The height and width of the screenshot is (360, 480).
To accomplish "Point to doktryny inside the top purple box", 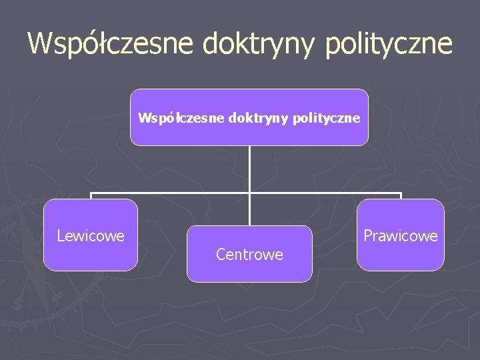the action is [x=256, y=118].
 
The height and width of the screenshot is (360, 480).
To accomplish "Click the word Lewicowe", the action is [x=91, y=236].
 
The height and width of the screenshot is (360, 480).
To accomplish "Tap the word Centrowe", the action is [x=249, y=255].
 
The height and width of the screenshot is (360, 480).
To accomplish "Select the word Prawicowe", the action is [x=400, y=236].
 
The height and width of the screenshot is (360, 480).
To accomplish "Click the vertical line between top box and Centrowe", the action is [x=249, y=170].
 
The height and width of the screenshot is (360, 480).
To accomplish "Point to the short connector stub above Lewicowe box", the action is [x=91, y=196].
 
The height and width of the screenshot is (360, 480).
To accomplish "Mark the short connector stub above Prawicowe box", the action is [x=401, y=196].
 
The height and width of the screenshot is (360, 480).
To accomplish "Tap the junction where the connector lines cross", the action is [x=249, y=193].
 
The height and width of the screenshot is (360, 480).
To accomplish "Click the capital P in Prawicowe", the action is [x=367, y=236].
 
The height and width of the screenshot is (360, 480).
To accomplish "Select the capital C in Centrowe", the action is [x=221, y=255].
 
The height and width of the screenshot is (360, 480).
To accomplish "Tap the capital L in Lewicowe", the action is [x=61, y=236].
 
